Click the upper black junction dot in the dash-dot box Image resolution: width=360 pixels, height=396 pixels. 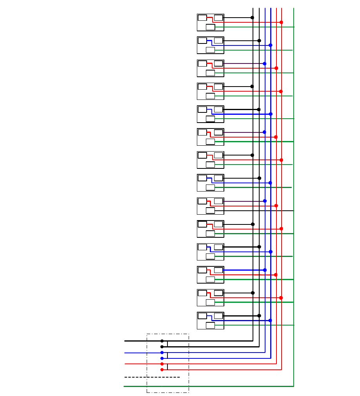click(x=162, y=341)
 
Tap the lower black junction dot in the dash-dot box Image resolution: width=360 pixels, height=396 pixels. click(x=162, y=347)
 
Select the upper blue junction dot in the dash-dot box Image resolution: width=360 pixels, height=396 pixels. click(x=162, y=353)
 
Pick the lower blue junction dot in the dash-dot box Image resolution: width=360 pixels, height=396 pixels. click(x=162, y=358)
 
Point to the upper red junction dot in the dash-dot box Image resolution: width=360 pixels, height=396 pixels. click(x=162, y=364)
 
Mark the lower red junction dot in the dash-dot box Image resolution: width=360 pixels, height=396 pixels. click(x=162, y=369)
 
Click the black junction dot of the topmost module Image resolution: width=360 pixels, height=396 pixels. click(x=252, y=18)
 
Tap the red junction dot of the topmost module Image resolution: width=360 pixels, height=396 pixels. click(x=281, y=22)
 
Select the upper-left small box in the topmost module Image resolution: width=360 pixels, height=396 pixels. click(x=202, y=18)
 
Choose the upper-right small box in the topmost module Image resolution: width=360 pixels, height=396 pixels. click(x=218, y=18)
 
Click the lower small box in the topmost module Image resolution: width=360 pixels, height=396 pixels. click(x=210, y=27)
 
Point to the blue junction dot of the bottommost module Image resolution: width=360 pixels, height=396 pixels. click(x=270, y=320)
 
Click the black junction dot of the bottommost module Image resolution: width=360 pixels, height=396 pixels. click(x=259, y=316)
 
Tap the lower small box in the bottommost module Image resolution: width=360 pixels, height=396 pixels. click(x=210, y=325)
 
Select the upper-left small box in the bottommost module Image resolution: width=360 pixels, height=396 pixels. click(x=202, y=316)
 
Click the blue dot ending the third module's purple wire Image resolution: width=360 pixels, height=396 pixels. click(x=265, y=63)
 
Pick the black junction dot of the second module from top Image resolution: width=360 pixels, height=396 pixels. click(x=259, y=41)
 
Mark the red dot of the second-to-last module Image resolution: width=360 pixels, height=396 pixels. click(x=281, y=298)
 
